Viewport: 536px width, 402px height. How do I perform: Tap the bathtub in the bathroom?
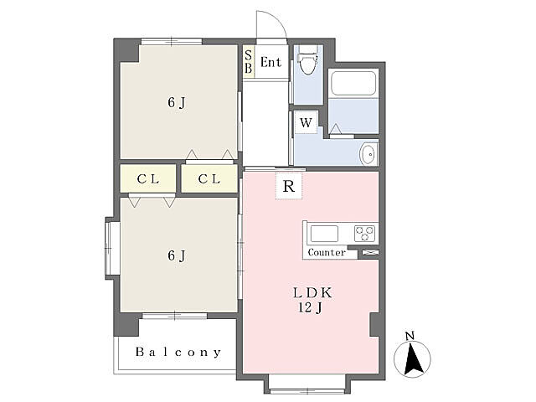[353, 83]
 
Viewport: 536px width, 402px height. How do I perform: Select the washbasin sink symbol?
[368, 154]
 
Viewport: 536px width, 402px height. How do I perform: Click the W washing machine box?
[306, 122]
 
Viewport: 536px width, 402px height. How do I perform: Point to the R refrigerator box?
[289, 186]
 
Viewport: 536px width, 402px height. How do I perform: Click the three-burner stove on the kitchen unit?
[365, 234]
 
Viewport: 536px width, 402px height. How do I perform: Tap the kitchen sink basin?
[324, 234]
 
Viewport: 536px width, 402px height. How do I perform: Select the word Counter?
[327, 252]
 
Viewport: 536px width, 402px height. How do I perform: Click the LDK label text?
[312, 293]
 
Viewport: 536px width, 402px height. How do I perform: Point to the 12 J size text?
[311, 307]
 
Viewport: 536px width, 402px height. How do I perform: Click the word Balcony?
[178, 352]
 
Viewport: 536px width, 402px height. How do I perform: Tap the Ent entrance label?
[271, 62]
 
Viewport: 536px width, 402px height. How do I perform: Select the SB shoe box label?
[249, 61]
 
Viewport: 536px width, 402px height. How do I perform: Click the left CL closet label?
[148, 178]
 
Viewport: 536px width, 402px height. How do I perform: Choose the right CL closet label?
[209, 178]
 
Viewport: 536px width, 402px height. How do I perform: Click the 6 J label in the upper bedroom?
[177, 102]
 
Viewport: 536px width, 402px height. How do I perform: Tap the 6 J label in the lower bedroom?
[177, 255]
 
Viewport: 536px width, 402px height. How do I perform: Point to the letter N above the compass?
[410, 336]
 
